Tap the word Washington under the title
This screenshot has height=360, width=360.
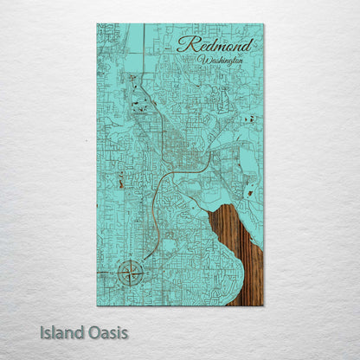[222, 61]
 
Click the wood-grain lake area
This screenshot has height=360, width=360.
[242, 251]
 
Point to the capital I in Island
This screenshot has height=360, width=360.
[42, 331]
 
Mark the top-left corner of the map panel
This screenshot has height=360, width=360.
[97, 24]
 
